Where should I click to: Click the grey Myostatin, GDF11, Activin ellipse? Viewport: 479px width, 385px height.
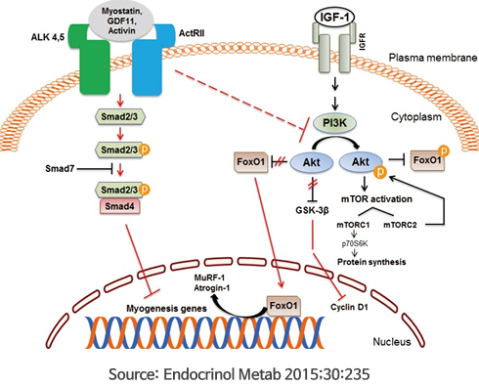pyautogui.click(x=121, y=21)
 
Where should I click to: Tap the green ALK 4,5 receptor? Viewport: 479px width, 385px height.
pyautogui.click(x=93, y=62)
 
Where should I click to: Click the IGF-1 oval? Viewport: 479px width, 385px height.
pyautogui.click(x=334, y=18)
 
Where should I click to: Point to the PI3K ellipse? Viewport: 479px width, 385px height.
pyautogui.click(x=334, y=123)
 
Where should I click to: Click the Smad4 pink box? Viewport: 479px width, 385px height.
pyautogui.click(x=119, y=206)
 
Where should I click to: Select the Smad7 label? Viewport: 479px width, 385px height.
pyautogui.click(x=60, y=169)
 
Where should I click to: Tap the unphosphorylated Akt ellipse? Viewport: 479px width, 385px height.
pyautogui.click(x=312, y=162)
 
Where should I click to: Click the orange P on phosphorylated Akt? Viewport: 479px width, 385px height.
pyautogui.click(x=379, y=172)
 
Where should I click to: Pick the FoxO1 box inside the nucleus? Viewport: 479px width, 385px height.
pyautogui.click(x=283, y=306)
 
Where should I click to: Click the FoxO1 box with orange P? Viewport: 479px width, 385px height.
pyautogui.click(x=427, y=160)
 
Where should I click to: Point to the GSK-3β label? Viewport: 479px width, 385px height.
pyautogui.click(x=312, y=211)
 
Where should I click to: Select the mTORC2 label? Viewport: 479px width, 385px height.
pyautogui.click(x=400, y=225)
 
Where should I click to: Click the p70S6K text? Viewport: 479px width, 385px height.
pyautogui.click(x=355, y=243)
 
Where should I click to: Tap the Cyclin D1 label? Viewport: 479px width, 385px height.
pyautogui.click(x=349, y=307)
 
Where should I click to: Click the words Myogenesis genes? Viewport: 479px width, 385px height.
pyautogui.click(x=166, y=309)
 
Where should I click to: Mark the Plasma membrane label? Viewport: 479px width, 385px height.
pyautogui.click(x=433, y=58)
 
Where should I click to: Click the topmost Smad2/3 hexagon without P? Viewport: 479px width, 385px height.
pyautogui.click(x=119, y=116)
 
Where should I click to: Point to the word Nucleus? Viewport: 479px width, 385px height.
pyautogui.click(x=392, y=342)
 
